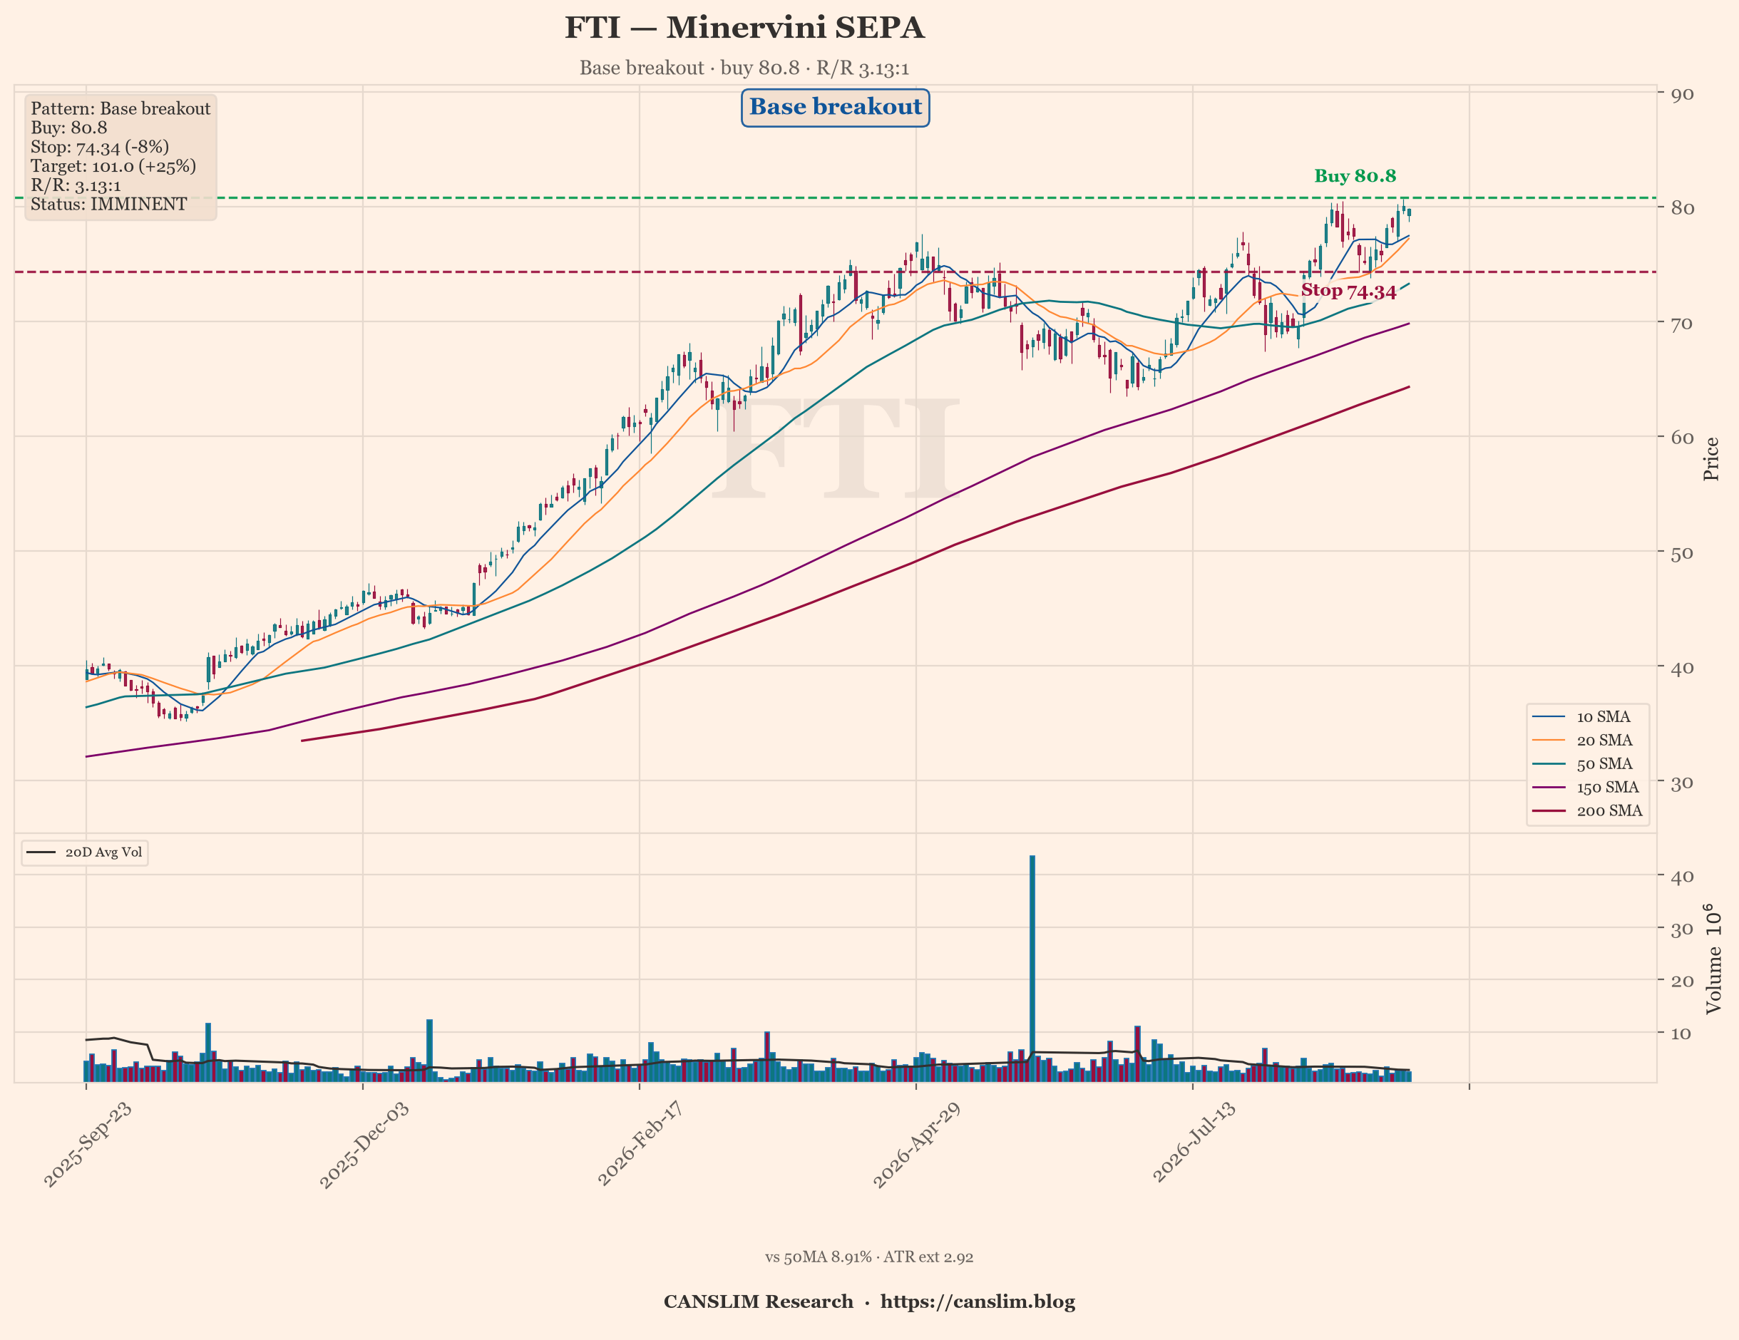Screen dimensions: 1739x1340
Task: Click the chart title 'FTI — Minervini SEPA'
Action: (x=744, y=28)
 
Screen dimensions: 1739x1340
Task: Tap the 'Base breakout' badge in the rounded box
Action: (x=835, y=108)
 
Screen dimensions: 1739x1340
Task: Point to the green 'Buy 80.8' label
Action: (x=1355, y=176)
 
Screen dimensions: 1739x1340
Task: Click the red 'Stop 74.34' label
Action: (x=1349, y=292)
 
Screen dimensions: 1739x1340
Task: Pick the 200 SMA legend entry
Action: (x=1587, y=810)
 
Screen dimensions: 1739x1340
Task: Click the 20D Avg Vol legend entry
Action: (x=84, y=852)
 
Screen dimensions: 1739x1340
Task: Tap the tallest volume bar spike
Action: (x=1032, y=968)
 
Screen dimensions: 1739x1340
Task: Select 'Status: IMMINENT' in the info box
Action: (x=109, y=205)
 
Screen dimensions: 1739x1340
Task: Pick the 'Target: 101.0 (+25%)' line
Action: (x=113, y=166)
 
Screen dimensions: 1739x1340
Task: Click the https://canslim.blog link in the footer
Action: (x=978, y=1302)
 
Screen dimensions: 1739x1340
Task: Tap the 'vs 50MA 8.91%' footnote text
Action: (x=818, y=1257)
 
